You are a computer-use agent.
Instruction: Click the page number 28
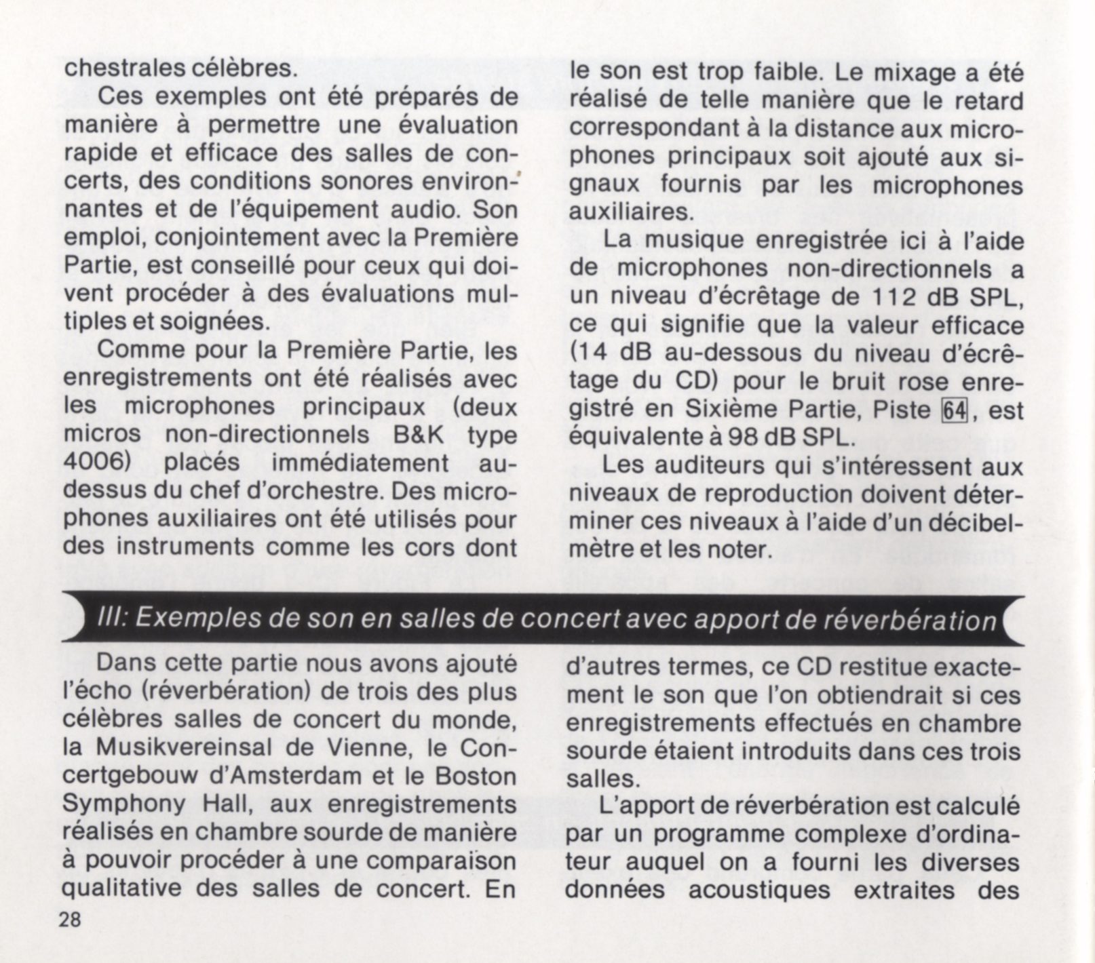point(71,920)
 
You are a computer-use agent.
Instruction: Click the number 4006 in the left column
point(96,463)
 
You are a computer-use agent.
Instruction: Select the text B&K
point(418,435)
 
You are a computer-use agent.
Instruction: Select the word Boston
point(474,776)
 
